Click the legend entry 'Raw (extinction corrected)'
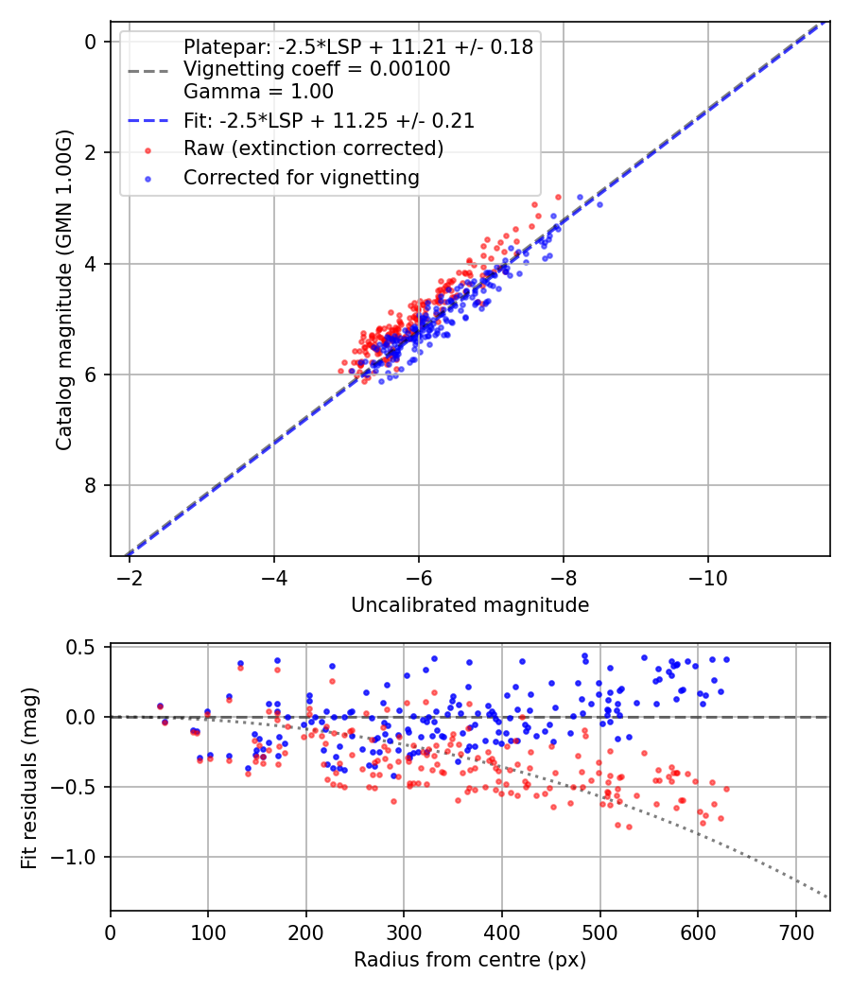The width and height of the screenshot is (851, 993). [x=313, y=148]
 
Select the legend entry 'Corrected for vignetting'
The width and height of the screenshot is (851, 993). [x=301, y=177]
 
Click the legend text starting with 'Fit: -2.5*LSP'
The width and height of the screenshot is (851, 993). [x=328, y=121]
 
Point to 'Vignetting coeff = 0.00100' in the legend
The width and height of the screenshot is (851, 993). [x=317, y=69]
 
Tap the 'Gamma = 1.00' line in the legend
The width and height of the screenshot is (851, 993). [x=258, y=92]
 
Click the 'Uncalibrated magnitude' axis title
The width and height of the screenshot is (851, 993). [x=470, y=605]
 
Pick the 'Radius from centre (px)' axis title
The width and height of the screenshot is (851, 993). [x=470, y=960]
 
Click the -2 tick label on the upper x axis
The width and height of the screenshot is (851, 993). [x=130, y=577]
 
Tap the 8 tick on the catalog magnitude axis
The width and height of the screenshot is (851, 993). [x=90, y=486]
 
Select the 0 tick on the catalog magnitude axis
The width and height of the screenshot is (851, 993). [x=90, y=42]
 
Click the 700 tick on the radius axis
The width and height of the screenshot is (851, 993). [x=795, y=932]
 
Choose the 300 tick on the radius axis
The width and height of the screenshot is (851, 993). [x=404, y=932]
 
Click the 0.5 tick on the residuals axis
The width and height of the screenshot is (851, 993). [x=85, y=647]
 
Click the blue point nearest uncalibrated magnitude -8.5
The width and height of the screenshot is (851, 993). [x=599, y=204]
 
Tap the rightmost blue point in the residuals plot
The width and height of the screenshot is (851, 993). [x=726, y=659]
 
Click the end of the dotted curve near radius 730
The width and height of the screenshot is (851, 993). [x=828, y=897]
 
